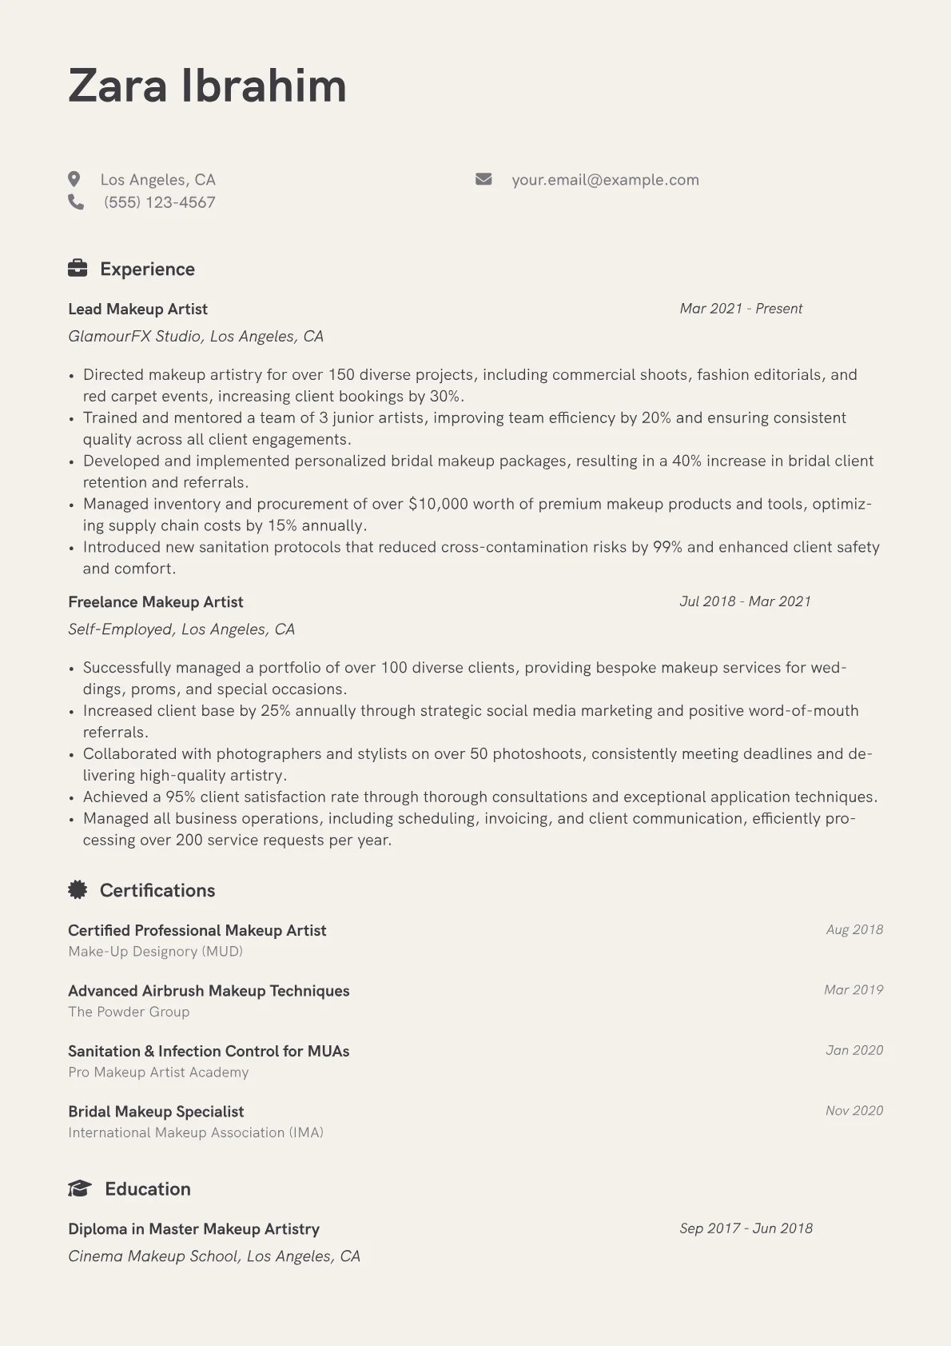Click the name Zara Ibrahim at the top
pos(207,86)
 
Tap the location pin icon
pos(74,179)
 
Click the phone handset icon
pos(76,202)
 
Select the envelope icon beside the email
pos(483,179)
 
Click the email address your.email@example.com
pos(605,180)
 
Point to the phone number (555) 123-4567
pos(159,202)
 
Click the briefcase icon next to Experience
pos(78,269)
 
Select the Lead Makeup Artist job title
pos(137,310)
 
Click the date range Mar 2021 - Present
pos(741,309)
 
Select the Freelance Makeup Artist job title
pos(155,602)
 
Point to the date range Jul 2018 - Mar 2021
pos(745,601)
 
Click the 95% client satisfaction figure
pos(180,797)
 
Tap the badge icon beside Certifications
pos(78,889)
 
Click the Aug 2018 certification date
pos(854,929)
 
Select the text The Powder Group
pos(129,1012)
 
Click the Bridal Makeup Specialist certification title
pos(156,1112)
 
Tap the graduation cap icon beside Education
pos(79,1188)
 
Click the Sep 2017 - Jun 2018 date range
pos(746,1228)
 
